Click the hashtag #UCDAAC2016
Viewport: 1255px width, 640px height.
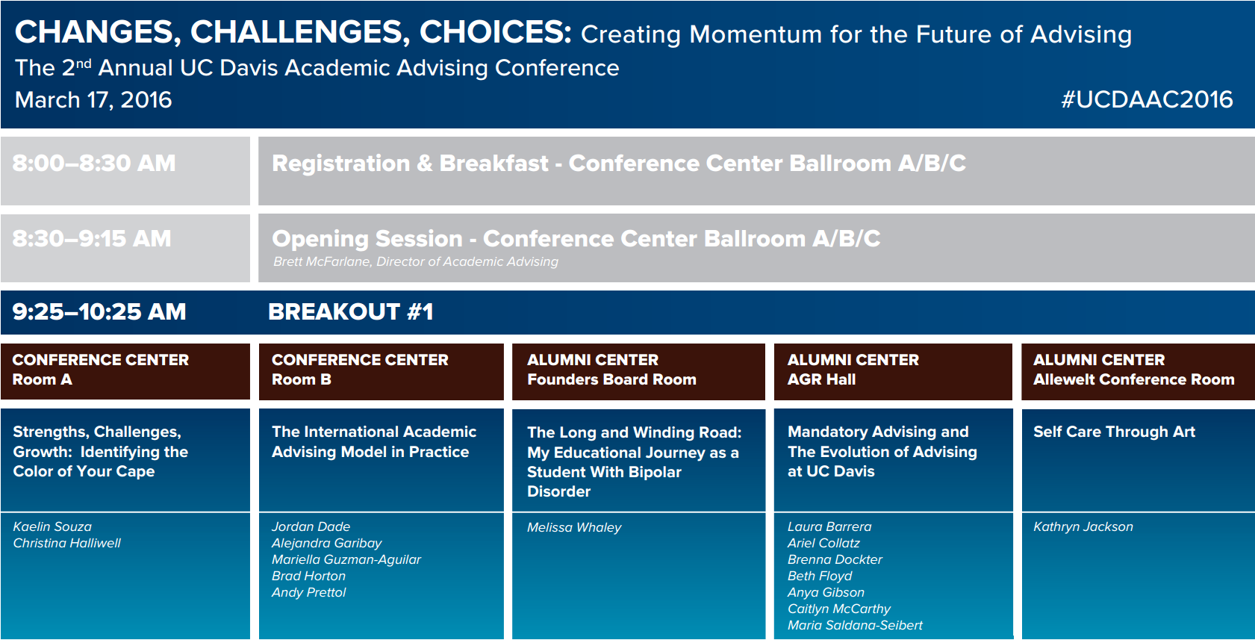1147,100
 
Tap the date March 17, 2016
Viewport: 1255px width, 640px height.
93,100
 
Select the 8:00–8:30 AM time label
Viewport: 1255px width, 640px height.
94,163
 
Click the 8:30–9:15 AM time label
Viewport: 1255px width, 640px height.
92,239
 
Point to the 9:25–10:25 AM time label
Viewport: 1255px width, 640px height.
99,311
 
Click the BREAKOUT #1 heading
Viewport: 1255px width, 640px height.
351,311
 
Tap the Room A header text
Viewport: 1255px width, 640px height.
42,379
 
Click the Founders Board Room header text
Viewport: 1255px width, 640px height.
611,379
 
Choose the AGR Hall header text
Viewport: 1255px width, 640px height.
821,379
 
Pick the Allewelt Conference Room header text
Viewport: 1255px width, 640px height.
1134,379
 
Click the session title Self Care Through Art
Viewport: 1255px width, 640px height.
1115,432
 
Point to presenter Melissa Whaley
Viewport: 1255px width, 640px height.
574,527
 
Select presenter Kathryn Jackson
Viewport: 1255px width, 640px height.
1083,526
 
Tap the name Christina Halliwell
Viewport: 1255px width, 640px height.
66,543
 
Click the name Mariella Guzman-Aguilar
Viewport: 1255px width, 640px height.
346,559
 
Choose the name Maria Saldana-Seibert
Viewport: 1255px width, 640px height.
855,625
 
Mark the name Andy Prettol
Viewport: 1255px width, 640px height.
308,592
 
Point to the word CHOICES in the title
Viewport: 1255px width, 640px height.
495,32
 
